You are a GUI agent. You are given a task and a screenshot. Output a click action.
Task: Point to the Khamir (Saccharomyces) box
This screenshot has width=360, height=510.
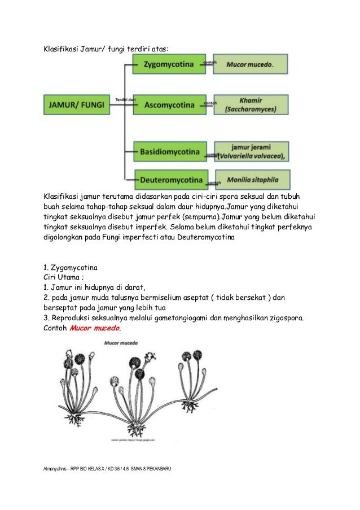[252, 104]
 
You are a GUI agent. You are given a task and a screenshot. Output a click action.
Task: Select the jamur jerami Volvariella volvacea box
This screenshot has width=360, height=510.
[252, 151]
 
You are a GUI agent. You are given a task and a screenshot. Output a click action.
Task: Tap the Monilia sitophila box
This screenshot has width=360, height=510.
[252, 180]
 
